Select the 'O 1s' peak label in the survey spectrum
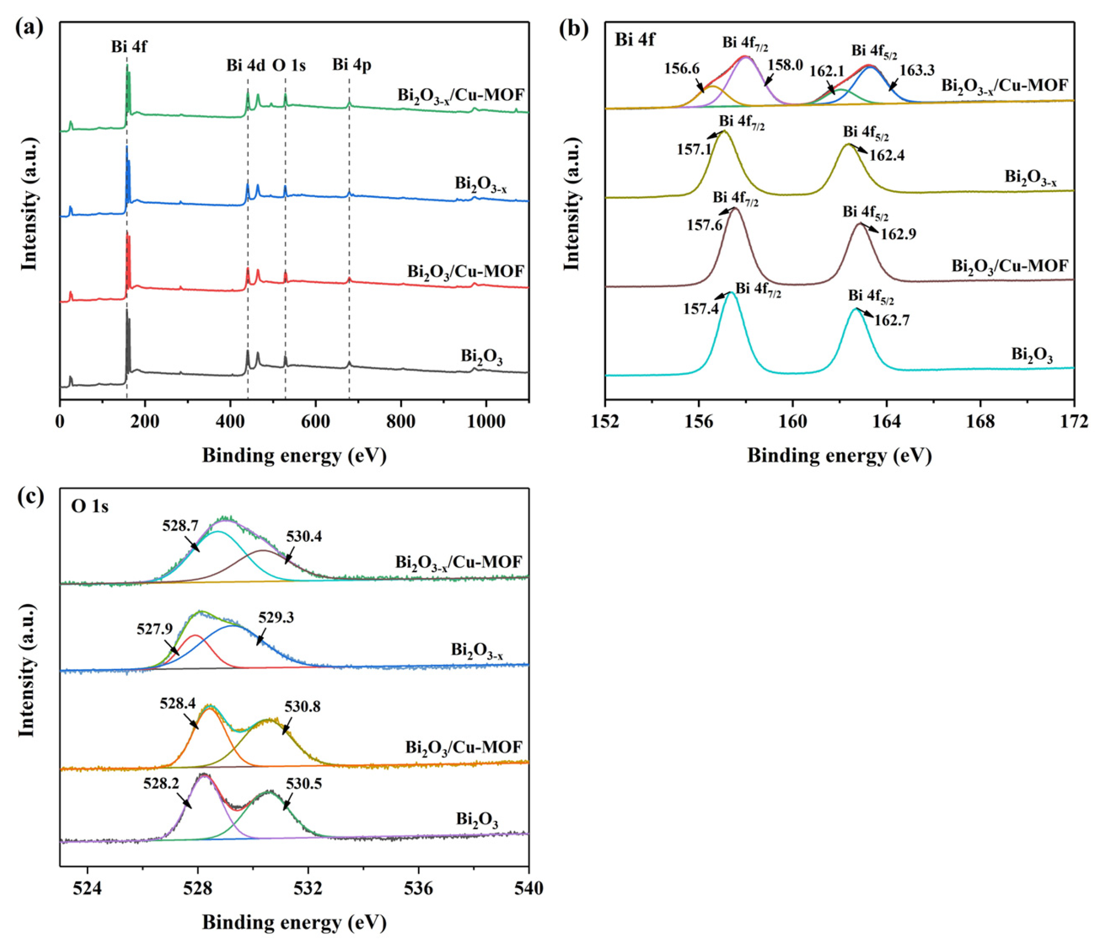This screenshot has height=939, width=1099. [x=289, y=65]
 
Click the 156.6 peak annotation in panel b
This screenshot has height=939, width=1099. [x=682, y=69]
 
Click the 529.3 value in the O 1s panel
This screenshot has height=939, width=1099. [x=276, y=618]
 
